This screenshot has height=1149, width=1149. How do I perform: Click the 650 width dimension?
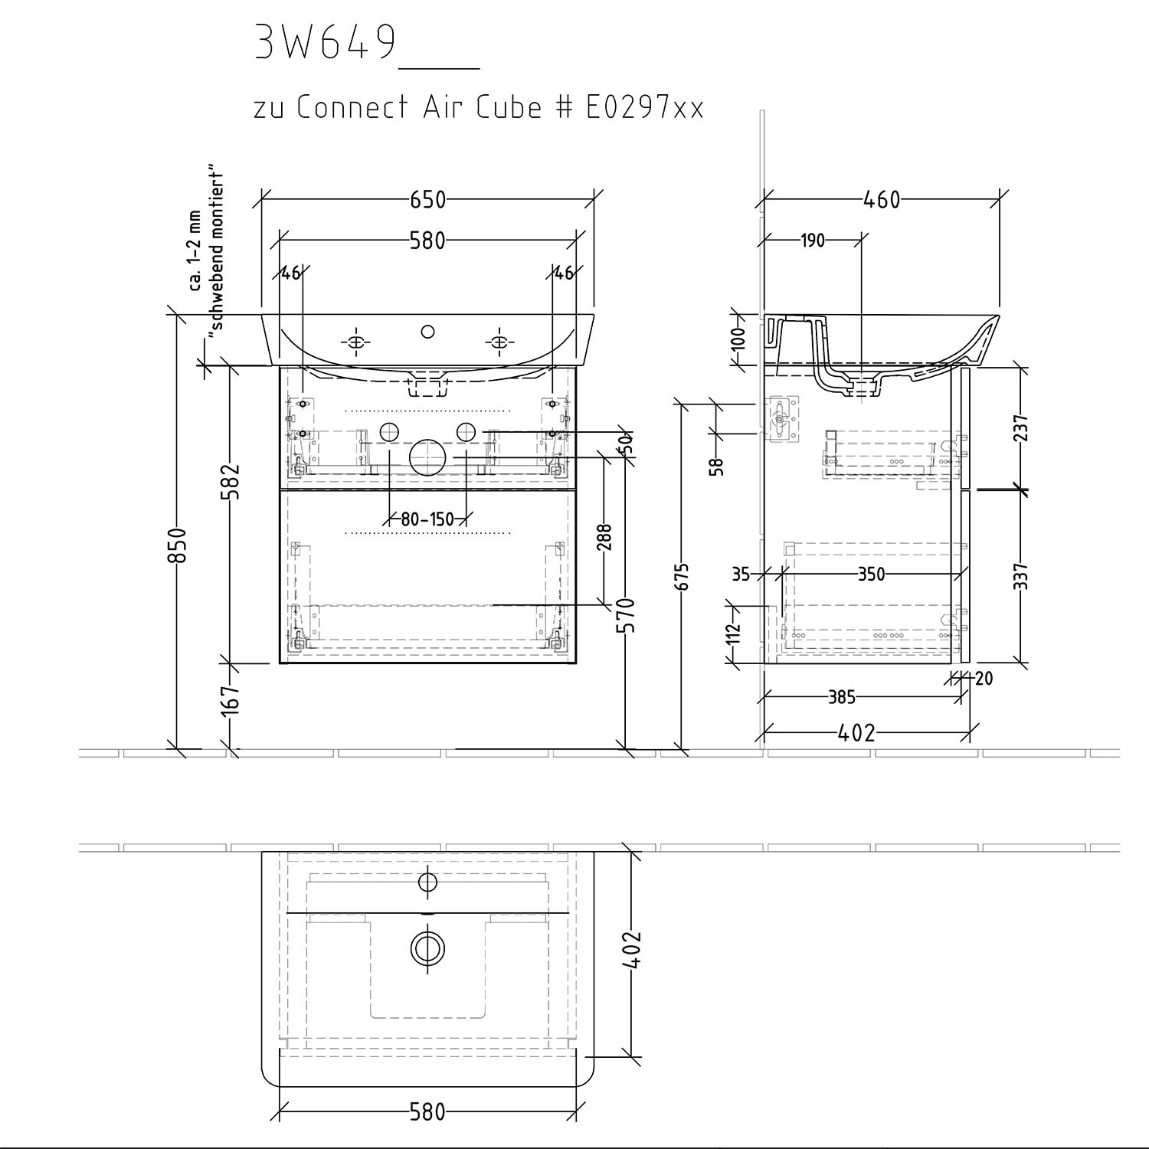[427, 199]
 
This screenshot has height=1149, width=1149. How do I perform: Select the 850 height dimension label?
[177, 545]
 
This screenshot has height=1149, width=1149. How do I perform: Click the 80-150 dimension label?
[427, 519]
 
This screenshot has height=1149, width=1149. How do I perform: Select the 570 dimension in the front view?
[626, 615]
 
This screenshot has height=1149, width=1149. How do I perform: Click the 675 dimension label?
[682, 577]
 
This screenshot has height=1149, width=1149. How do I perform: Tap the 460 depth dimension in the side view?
[882, 199]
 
